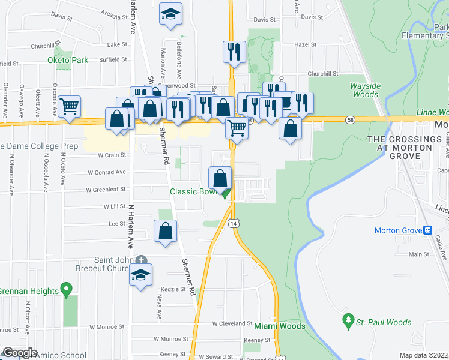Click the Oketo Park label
[68, 60]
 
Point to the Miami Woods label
[279, 326]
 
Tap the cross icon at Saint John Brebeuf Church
[141, 260]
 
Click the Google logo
[19, 353]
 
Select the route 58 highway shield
[349, 120]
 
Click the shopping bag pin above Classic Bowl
[220, 178]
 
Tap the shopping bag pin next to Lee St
[166, 231]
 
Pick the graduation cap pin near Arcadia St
[170, 14]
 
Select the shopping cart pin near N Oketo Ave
[70, 107]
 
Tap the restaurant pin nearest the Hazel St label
[232, 52]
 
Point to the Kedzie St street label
[174, 289]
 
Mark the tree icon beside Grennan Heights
[67, 291]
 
